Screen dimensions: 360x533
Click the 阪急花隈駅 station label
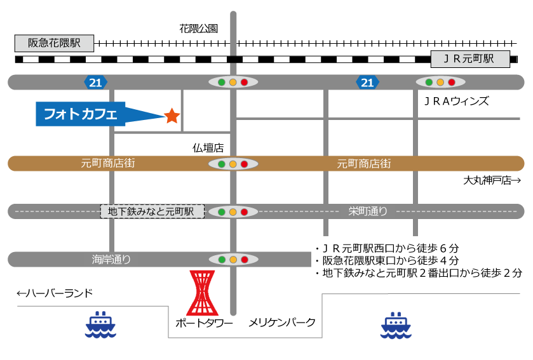(x=54, y=43)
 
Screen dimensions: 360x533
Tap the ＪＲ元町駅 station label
(x=470, y=59)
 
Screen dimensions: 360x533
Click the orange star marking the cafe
(x=172, y=116)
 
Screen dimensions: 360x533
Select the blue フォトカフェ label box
(x=81, y=114)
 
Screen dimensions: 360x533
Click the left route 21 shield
(x=95, y=83)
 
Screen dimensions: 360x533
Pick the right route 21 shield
(x=367, y=83)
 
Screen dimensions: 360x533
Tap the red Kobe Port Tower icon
(x=202, y=293)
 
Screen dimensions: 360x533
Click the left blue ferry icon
(x=100, y=324)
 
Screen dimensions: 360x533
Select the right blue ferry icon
(x=396, y=325)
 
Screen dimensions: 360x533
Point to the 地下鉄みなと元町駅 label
(x=152, y=211)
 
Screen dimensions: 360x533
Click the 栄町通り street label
(x=368, y=211)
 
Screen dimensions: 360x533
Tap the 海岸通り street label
(x=111, y=259)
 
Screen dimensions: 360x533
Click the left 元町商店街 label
(x=108, y=163)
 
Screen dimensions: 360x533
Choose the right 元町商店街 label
(x=364, y=163)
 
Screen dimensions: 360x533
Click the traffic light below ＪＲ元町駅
(x=440, y=82)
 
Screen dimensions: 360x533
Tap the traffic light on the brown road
(x=233, y=164)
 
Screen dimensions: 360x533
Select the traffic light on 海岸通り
(x=233, y=259)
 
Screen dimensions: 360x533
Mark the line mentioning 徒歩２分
(x=418, y=274)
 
